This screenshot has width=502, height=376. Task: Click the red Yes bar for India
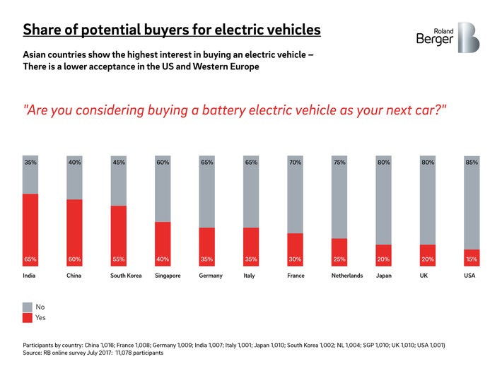pyautogui.click(x=30, y=226)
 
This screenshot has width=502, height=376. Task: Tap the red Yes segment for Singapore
pyautogui.click(x=163, y=240)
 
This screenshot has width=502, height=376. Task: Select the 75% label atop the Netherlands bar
pyautogui.click(x=339, y=163)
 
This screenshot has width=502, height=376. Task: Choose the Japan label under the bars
pyautogui.click(x=384, y=276)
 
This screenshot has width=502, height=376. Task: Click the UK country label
pyautogui.click(x=424, y=276)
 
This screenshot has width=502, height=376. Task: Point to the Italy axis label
pyautogui.click(x=249, y=276)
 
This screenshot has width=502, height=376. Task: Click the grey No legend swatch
pyautogui.click(x=28, y=307)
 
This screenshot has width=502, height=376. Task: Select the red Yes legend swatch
pyautogui.click(x=28, y=318)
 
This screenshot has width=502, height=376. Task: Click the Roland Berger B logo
pyautogui.click(x=467, y=37)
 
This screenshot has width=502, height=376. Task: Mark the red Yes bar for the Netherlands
pyautogui.click(x=339, y=251)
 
